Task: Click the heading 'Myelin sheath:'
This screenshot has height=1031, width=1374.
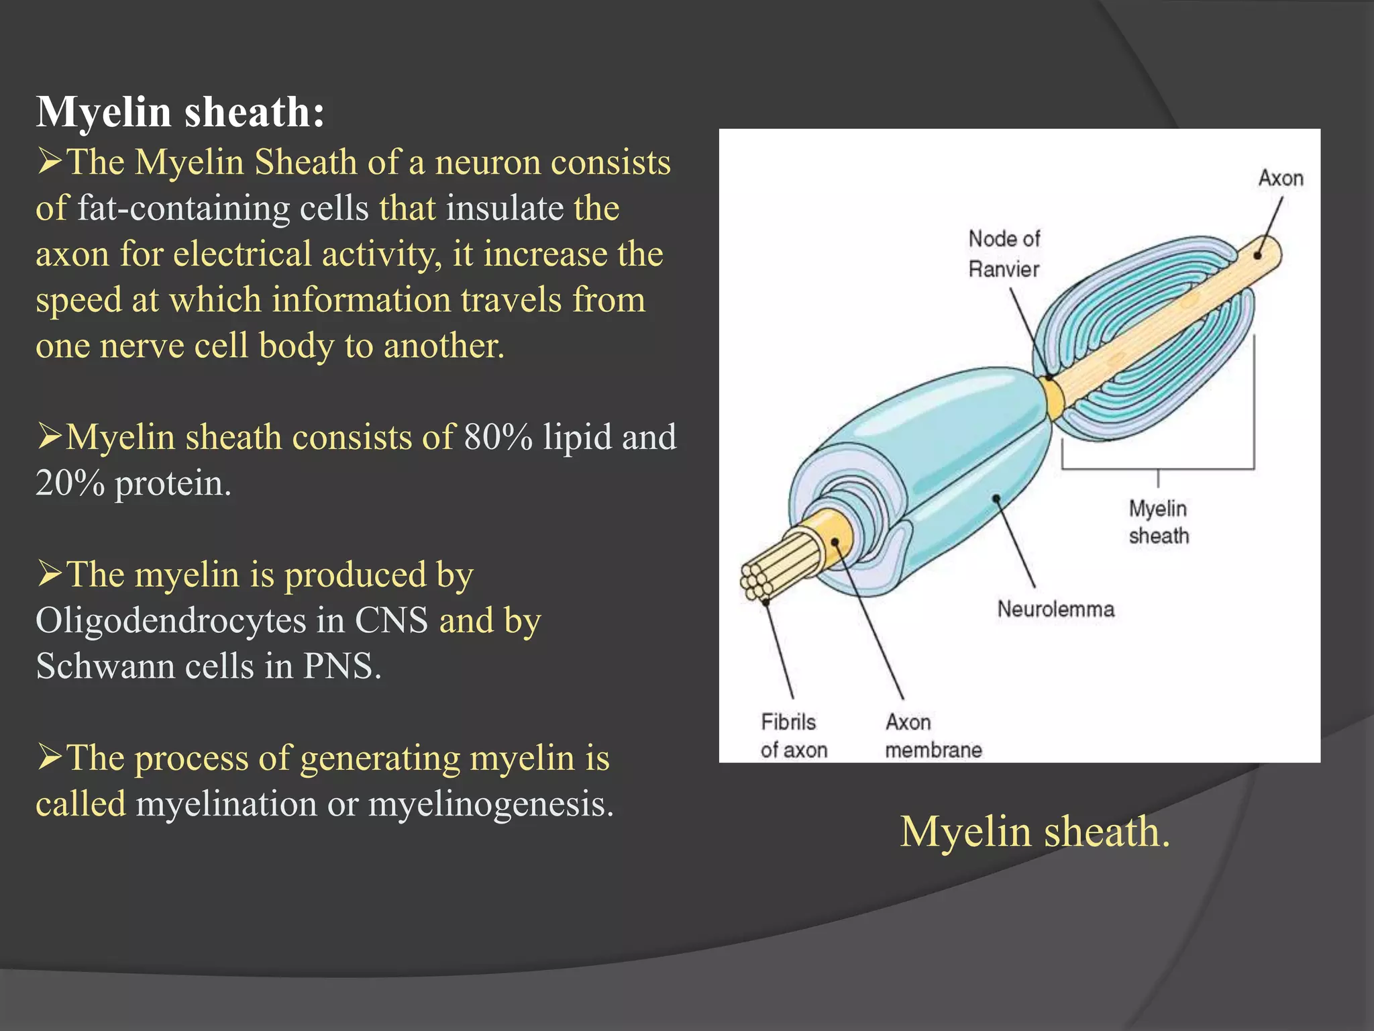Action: point(180,111)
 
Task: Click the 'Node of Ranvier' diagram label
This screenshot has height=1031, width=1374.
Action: point(1004,254)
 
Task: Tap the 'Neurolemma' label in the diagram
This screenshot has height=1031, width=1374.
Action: point(1055,609)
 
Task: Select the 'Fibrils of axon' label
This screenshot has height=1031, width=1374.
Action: point(793,736)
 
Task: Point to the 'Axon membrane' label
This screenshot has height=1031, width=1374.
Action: point(933,736)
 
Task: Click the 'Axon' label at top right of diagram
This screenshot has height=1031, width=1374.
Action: point(1280,178)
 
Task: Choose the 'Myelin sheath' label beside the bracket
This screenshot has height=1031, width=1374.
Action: point(1158,522)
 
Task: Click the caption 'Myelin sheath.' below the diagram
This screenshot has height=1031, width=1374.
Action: point(1035,832)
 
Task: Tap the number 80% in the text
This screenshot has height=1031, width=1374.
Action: point(498,437)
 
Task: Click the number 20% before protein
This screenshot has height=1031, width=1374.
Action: point(70,483)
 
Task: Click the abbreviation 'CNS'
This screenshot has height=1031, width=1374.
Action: point(390,620)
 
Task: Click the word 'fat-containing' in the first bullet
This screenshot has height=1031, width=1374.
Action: point(183,208)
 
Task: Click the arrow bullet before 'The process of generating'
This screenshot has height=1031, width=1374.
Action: point(50,756)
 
